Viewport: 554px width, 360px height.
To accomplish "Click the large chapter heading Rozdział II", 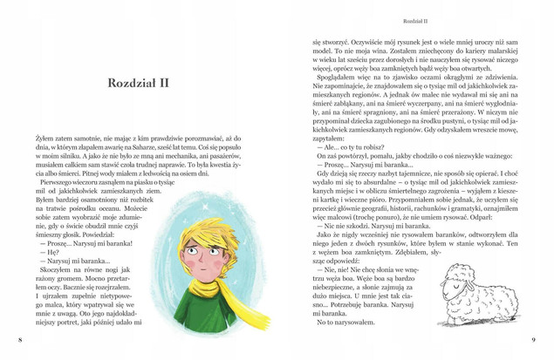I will coord(143,84).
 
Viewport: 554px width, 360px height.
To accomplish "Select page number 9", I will coord(533,340).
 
